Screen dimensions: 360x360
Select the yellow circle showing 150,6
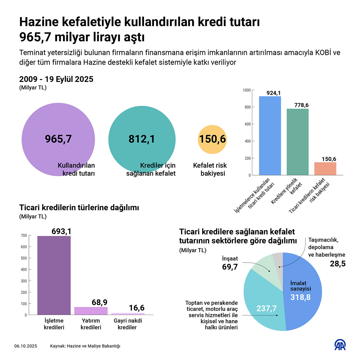click(212, 139)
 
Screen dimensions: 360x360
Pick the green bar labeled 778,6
click(298, 142)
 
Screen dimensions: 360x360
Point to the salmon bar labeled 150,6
click(325, 169)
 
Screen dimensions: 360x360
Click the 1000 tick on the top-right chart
click(247, 90)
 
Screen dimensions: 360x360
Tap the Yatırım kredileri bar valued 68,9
click(91, 311)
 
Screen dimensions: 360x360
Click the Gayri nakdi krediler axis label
click(128, 324)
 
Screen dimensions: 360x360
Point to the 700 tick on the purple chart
click(24, 236)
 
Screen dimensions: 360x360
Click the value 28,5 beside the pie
click(337, 264)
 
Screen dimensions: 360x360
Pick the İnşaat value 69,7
click(230, 267)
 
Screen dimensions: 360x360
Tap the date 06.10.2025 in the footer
click(26, 346)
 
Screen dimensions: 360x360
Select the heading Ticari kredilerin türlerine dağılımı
click(79, 208)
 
